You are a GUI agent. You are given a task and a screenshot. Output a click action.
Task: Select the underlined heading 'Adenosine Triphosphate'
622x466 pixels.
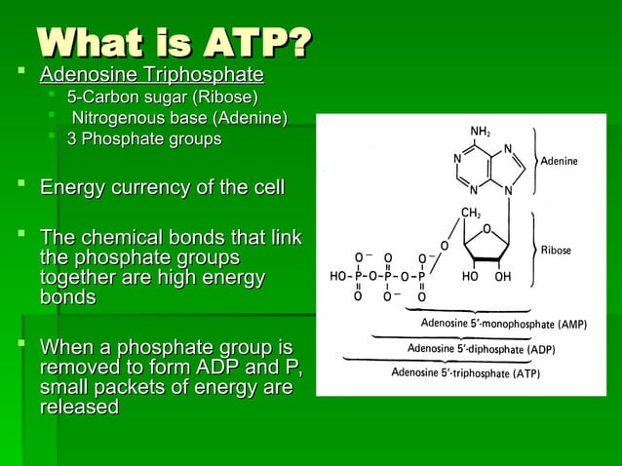151,75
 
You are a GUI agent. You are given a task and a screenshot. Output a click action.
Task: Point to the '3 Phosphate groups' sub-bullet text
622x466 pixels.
143,139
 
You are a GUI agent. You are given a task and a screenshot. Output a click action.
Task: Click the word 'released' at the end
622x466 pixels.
79,408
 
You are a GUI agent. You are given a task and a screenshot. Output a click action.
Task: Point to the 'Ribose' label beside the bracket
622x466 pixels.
557,251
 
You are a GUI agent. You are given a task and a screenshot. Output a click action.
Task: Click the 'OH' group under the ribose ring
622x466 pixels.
502,277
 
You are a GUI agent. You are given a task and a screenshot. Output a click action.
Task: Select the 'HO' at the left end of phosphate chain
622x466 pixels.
339,277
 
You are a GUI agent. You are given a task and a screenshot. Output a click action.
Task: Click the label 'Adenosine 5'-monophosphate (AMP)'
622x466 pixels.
502,324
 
